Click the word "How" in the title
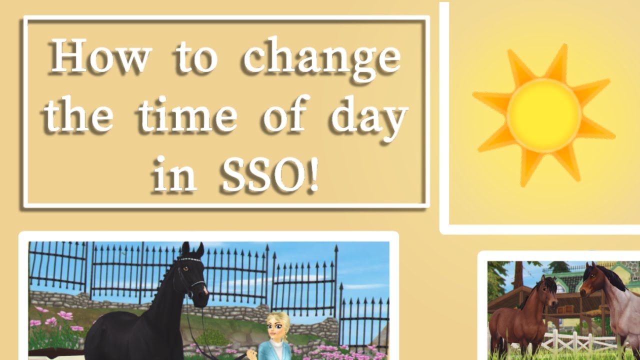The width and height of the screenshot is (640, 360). pos(99,56)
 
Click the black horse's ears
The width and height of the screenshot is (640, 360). pos(192,249)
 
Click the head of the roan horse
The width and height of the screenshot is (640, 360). pos(595,282)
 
